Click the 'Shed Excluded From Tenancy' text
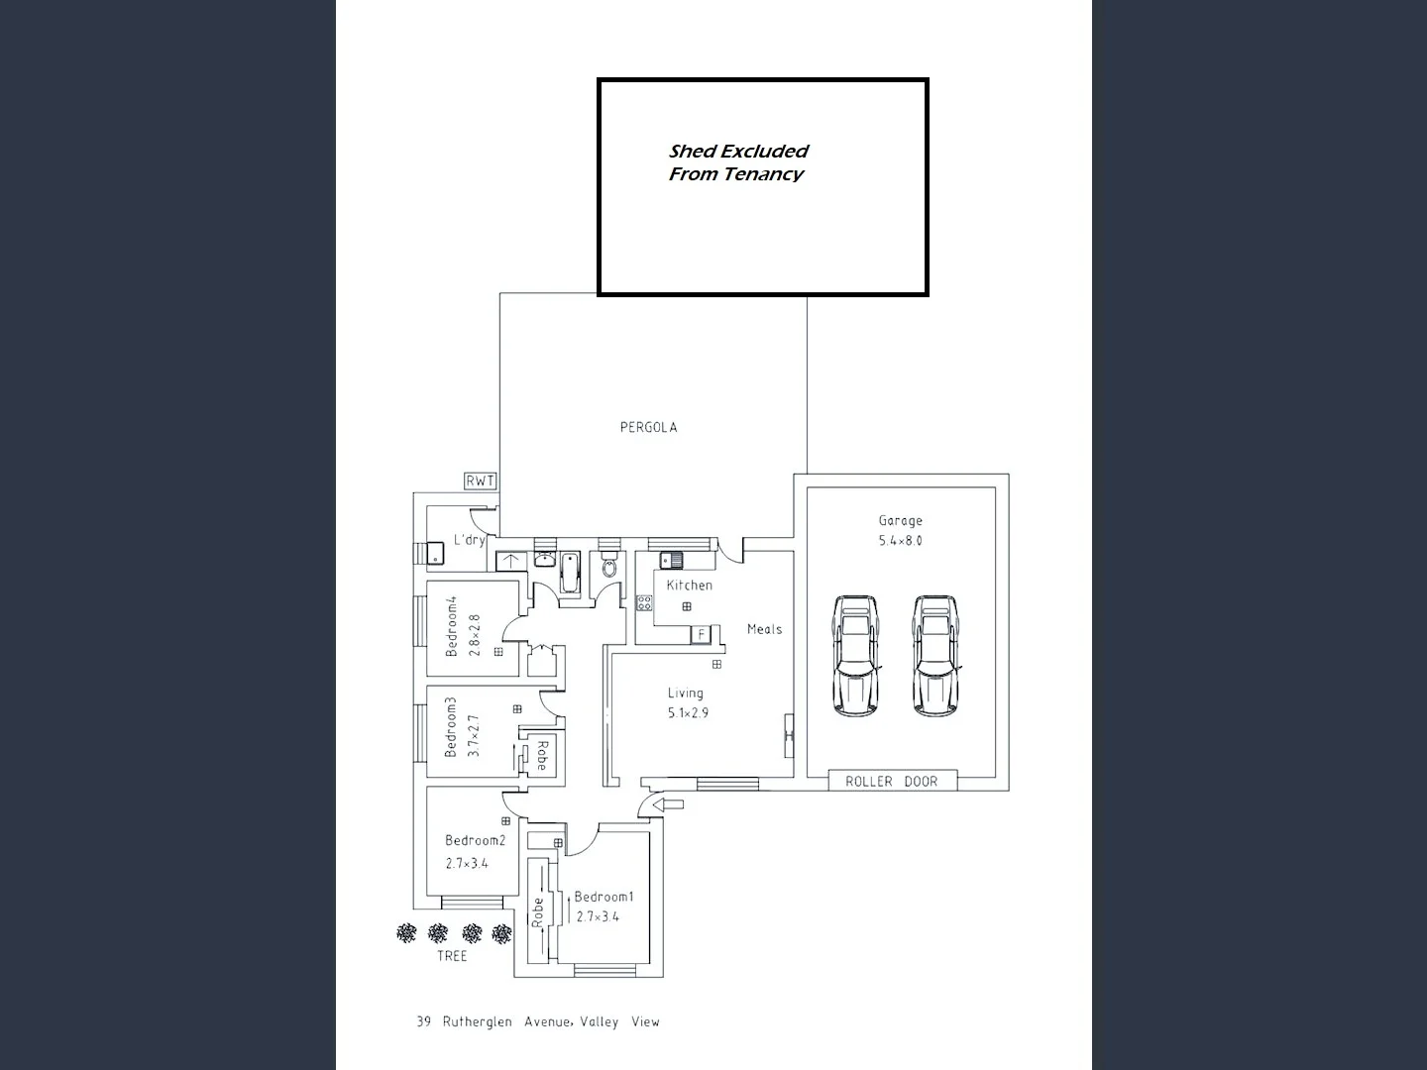pos(737,162)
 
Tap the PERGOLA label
pos(648,428)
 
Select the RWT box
pos(481,481)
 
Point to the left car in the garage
pos(855,655)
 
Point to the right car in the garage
pos(935,655)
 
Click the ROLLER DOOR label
pos(892,782)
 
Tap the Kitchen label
pos(689,586)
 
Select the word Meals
pos(764,629)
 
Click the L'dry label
pos(469,540)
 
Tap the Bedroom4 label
pos(452,626)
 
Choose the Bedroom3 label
pos(451,727)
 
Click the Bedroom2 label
pos(475,841)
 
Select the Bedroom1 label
pos(604,898)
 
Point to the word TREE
pos(452,956)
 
